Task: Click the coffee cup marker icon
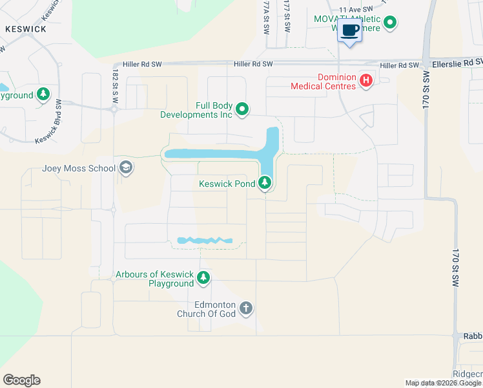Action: tap(349, 30)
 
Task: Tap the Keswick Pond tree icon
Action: tap(265, 184)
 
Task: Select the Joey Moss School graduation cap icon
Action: tap(126, 169)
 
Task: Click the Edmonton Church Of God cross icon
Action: tap(245, 308)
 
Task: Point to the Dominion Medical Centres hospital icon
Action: tap(366, 80)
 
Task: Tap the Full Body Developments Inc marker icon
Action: tap(242, 110)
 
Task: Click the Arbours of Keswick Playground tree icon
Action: tap(204, 278)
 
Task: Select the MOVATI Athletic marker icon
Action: tap(390, 23)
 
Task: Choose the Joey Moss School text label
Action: tap(79, 169)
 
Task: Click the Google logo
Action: tap(21, 380)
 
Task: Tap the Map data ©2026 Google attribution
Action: tap(443, 383)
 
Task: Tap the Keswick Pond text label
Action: tap(227, 184)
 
